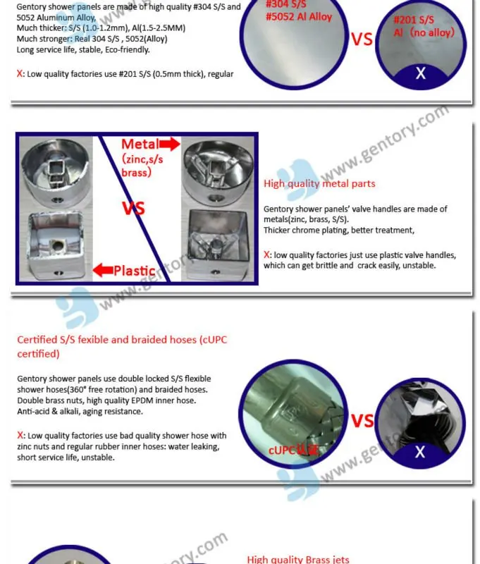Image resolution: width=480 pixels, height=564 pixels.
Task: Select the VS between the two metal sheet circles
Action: pyautogui.click(x=362, y=39)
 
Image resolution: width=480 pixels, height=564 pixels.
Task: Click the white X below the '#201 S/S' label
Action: pyautogui.click(x=420, y=73)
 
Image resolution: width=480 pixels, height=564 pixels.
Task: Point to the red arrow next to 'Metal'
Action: pyautogui.click(x=171, y=145)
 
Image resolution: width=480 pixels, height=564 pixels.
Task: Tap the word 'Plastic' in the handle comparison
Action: pyautogui.click(x=134, y=271)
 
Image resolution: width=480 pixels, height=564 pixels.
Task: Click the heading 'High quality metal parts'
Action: pyautogui.click(x=319, y=184)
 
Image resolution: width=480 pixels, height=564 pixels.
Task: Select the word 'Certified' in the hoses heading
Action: pyautogui.click(x=39, y=340)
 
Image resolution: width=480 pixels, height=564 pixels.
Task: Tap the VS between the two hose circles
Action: pyautogui.click(x=362, y=421)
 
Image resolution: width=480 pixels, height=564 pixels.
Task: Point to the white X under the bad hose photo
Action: pyautogui.click(x=420, y=452)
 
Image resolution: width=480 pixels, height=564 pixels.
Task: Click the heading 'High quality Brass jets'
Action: pyautogui.click(x=298, y=559)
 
